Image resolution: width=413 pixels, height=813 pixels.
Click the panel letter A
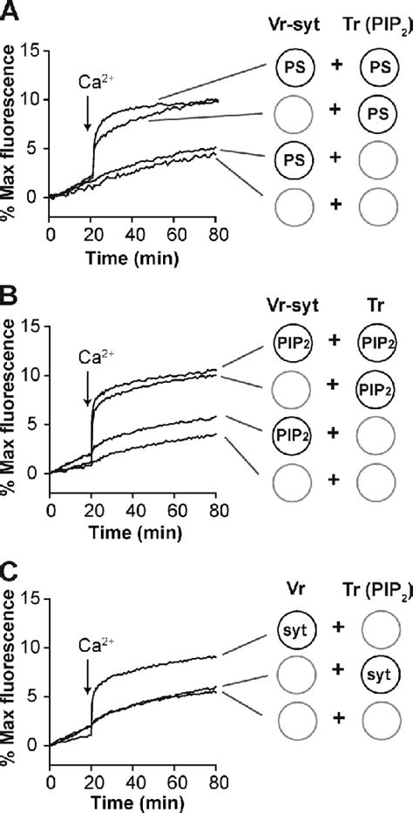[10, 10]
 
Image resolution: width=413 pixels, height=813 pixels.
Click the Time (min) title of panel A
[132, 235]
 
